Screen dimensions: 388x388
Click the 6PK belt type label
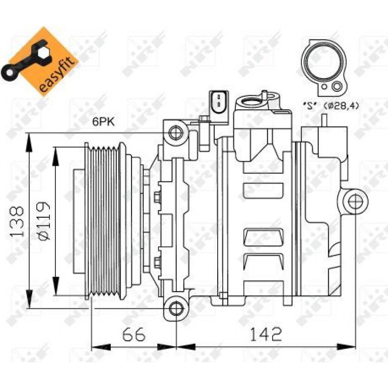104,122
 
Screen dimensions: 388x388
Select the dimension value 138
17,222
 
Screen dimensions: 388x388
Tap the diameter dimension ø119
43,221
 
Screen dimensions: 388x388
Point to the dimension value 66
134,334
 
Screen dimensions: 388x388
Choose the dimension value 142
266,334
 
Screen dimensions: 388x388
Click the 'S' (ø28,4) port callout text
331,106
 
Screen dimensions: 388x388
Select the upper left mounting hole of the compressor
176,133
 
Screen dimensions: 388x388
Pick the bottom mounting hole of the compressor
176,308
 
